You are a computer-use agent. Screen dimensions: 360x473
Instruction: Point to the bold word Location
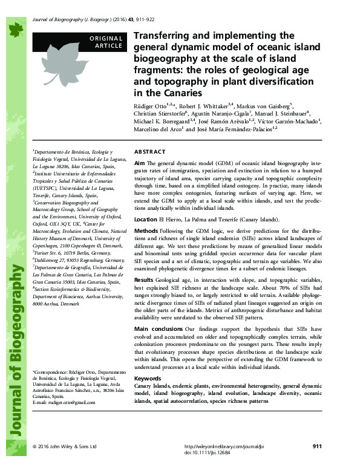pyautogui.click(x=146, y=220)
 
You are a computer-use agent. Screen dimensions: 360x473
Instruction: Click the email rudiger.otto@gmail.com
pyautogui.click(x=65, y=402)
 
